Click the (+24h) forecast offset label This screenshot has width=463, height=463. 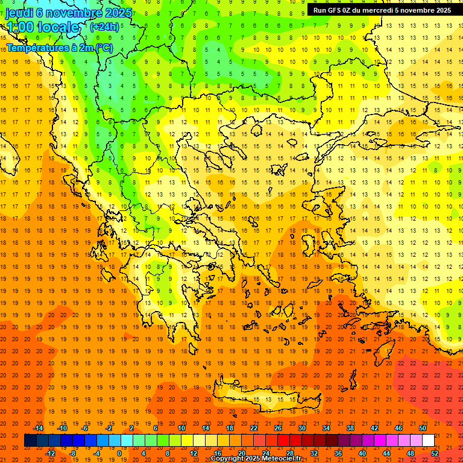click(x=104, y=27)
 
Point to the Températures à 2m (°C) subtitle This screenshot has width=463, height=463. click(x=59, y=48)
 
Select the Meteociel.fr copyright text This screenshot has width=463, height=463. click(x=256, y=459)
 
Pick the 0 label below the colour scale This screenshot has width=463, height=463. click(x=119, y=453)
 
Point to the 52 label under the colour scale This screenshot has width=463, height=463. click(x=435, y=453)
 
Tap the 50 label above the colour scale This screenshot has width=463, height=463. click(x=423, y=428)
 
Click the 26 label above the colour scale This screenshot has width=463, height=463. click(x=278, y=428)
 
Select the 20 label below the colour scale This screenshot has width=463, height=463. click(x=241, y=453)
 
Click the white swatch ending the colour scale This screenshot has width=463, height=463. click(x=428, y=440)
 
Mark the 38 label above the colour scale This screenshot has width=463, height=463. click(x=350, y=428)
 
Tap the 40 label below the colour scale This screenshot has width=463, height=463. click(x=362, y=453)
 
